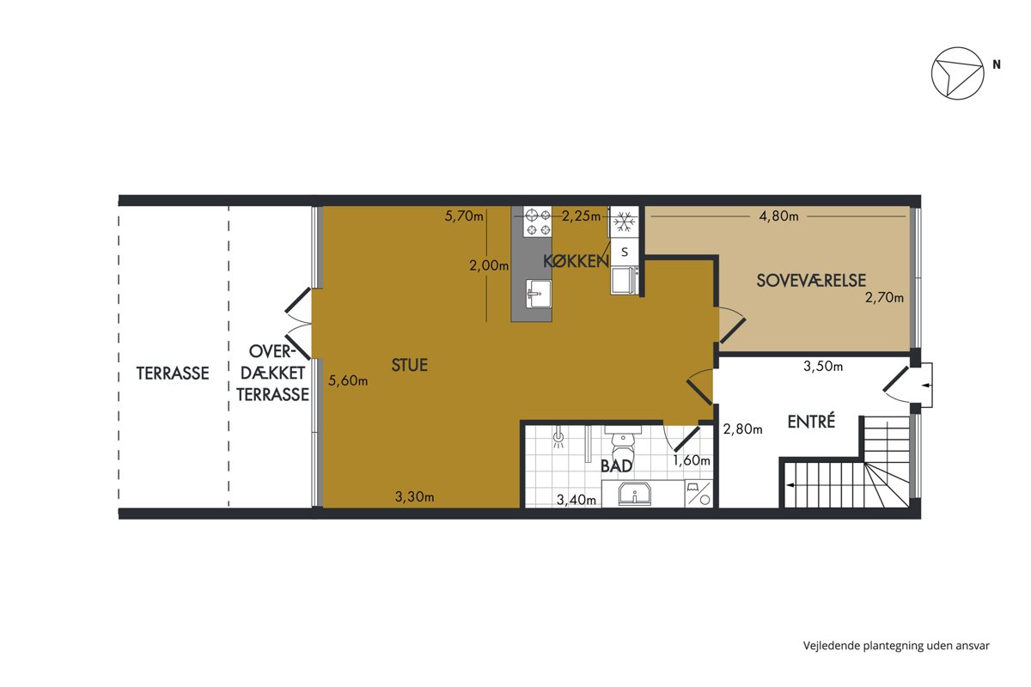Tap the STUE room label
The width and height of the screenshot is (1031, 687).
(x=409, y=365)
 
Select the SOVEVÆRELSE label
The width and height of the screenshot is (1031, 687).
(x=811, y=280)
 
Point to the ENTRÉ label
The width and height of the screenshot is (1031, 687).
(x=811, y=421)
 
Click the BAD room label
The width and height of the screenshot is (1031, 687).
(x=616, y=466)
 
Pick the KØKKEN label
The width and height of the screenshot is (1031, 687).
(x=576, y=261)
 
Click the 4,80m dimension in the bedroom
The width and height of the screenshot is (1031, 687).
(x=778, y=216)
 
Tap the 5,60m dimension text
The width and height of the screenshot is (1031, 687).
(x=348, y=380)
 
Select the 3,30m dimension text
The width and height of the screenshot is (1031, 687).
(x=414, y=496)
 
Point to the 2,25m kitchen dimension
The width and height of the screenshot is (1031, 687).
(x=581, y=216)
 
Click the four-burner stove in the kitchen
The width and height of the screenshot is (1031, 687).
(x=538, y=222)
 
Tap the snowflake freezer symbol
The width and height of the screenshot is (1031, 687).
(x=625, y=222)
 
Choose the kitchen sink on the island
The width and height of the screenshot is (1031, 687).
(x=538, y=294)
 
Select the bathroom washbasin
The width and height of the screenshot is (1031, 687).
(x=634, y=494)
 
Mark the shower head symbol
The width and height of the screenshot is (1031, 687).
(x=558, y=439)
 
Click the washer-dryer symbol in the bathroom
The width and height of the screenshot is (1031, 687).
(x=699, y=494)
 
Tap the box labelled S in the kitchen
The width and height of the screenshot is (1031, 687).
(x=625, y=252)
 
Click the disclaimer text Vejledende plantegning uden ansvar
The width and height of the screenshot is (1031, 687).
(x=896, y=646)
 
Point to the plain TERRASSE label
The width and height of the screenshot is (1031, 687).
(x=173, y=373)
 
